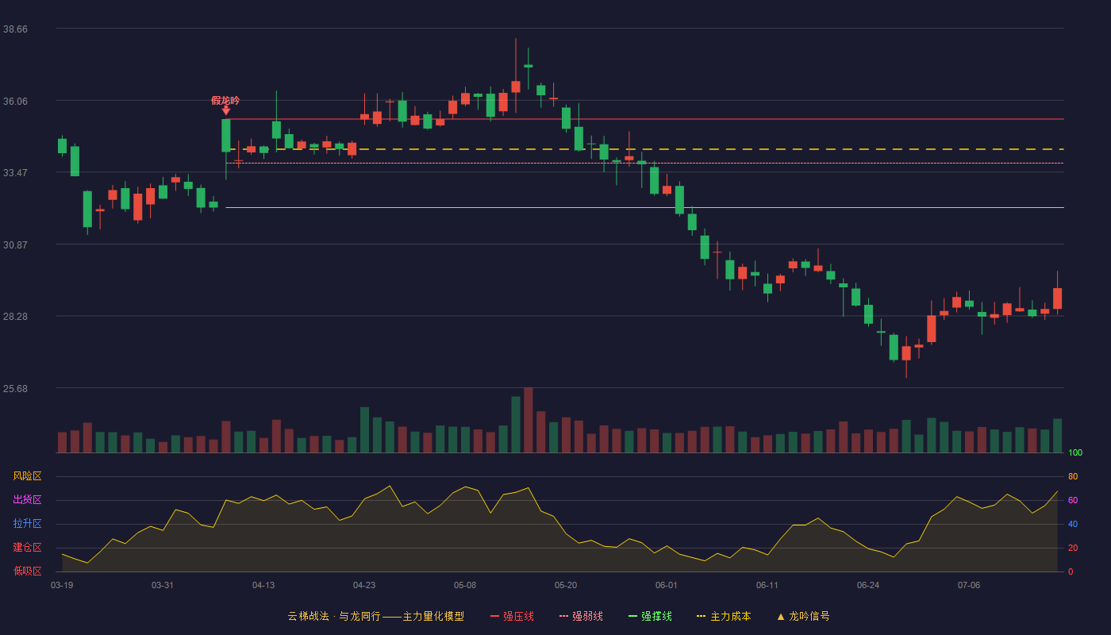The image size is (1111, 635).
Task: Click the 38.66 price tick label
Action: point(15,29)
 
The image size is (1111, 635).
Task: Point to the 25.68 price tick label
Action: point(15,388)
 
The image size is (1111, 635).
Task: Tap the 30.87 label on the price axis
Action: point(15,244)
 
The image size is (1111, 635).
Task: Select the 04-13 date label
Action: point(263,586)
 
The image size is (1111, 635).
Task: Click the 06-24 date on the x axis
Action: point(868,586)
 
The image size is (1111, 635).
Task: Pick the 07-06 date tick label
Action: point(969,586)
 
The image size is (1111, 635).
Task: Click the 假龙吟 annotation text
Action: point(225,101)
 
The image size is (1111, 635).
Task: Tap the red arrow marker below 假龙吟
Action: point(225,110)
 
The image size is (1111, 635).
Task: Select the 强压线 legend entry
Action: point(512,616)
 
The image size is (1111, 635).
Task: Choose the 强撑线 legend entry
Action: point(650,616)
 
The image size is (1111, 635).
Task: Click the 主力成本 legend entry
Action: point(724,616)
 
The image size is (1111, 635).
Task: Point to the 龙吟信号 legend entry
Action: point(803,616)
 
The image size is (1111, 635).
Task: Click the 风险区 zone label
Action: point(27,476)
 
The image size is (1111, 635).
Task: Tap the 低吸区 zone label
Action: point(27,571)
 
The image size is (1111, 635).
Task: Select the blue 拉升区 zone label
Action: point(27,524)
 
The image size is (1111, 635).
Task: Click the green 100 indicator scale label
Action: point(1075,452)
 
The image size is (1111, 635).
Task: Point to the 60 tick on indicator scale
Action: point(1073,500)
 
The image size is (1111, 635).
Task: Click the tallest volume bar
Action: point(529,420)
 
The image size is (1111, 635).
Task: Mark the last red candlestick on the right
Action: point(1057,298)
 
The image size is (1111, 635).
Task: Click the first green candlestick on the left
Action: point(62,146)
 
